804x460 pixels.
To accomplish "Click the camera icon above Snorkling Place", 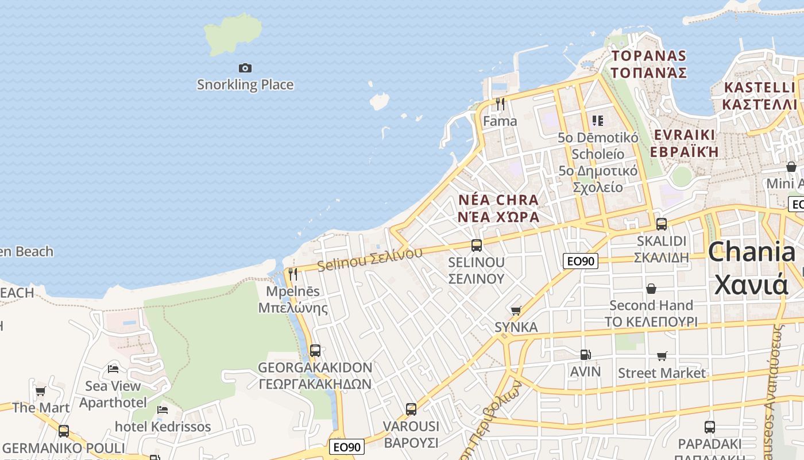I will [x=245, y=68].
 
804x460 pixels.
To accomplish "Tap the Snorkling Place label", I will [x=245, y=85].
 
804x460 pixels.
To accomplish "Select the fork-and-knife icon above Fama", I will [x=500, y=104].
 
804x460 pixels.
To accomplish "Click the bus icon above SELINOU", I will [x=477, y=246].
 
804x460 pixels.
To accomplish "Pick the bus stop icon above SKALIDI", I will [x=662, y=224].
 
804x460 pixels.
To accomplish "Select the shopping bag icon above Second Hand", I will [x=651, y=288].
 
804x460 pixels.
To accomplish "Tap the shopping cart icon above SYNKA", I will [x=516, y=310].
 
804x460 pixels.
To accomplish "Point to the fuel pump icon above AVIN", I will [x=585, y=355].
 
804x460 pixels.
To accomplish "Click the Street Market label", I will [x=662, y=373].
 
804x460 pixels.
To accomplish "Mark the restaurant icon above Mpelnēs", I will [x=293, y=274].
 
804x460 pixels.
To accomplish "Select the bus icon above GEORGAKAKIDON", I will [x=315, y=350].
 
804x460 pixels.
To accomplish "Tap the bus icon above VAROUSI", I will [x=411, y=409].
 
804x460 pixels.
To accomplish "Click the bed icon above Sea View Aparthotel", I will [x=113, y=369].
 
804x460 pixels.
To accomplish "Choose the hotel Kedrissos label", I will [x=163, y=427].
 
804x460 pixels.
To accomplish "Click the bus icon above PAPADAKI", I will [x=710, y=427].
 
